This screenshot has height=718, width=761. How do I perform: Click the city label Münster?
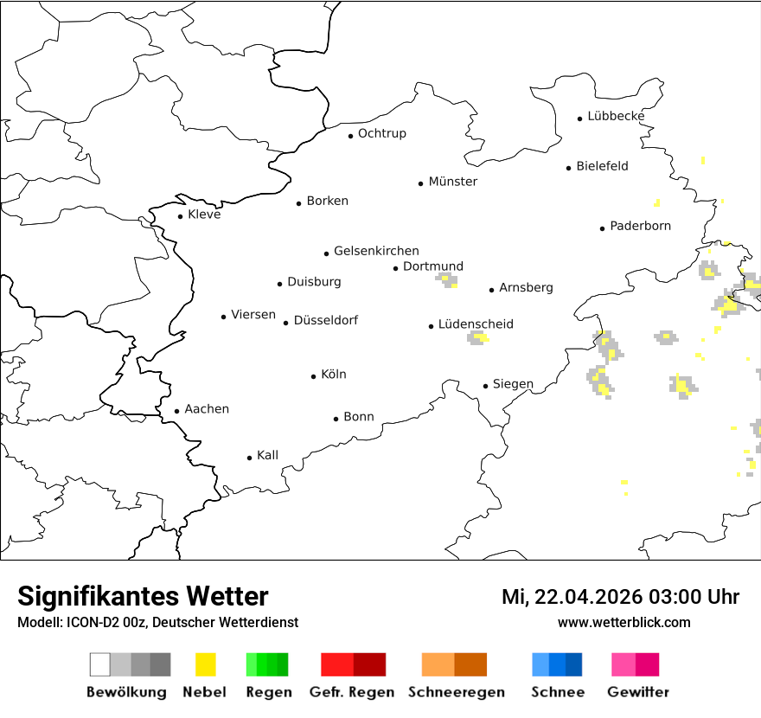point(452,182)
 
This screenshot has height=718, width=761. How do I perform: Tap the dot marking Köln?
point(314,376)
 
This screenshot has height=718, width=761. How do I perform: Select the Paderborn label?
point(640,227)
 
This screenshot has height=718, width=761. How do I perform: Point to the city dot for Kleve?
point(180,216)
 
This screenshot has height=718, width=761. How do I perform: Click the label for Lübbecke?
point(616,116)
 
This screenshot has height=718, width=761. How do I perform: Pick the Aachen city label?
point(207,409)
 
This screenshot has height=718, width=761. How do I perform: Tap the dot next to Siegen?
point(486,386)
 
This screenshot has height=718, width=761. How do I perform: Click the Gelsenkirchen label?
point(376,251)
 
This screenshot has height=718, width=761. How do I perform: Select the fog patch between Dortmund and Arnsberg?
point(447,279)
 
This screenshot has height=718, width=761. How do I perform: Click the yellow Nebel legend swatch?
point(206,664)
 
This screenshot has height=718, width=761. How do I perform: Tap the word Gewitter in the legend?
point(638,692)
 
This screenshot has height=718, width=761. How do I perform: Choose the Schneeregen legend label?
point(456,692)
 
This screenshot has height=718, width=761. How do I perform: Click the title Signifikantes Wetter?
point(143,597)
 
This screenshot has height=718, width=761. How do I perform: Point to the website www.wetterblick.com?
point(624,622)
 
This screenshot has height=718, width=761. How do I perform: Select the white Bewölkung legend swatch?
point(99,664)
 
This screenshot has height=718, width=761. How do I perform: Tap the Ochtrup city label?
point(381,133)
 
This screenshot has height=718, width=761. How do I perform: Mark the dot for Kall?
point(250,458)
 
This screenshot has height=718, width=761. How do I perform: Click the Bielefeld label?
point(602,166)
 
